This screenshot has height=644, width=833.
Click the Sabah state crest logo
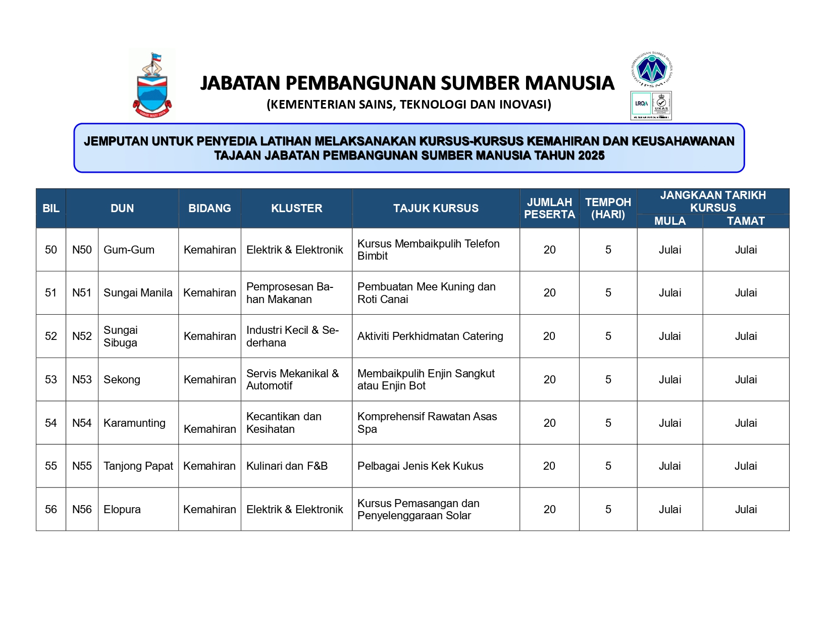[x=152, y=85]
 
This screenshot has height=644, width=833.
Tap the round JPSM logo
[x=652, y=69]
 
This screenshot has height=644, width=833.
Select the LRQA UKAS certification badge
[x=651, y=105]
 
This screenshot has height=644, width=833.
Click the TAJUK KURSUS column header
[x=436, y=208]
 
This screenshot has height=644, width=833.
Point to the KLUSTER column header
[x=296, y=208]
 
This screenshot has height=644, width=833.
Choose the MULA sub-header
[x=669, y=221]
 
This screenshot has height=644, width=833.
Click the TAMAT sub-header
[x=746, y=221]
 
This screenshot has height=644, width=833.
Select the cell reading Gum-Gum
[x=129, y=250]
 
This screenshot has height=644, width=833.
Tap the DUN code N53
[x=82, y=379]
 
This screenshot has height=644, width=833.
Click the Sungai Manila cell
[x=138, y=292]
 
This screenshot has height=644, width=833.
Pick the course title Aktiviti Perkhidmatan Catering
[x=430, y=336]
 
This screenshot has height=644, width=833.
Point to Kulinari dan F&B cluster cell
[x=287, y=466]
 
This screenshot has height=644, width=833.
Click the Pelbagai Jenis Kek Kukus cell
[x=420, y=466]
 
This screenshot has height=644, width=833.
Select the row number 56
[x=51, y=509]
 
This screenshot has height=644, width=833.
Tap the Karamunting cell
[x=134, y=423]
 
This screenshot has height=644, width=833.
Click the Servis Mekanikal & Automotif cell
[x=292, y=379]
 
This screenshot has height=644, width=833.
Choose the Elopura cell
[x=122, y=509]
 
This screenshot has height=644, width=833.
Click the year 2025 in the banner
[x=591, y=156]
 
